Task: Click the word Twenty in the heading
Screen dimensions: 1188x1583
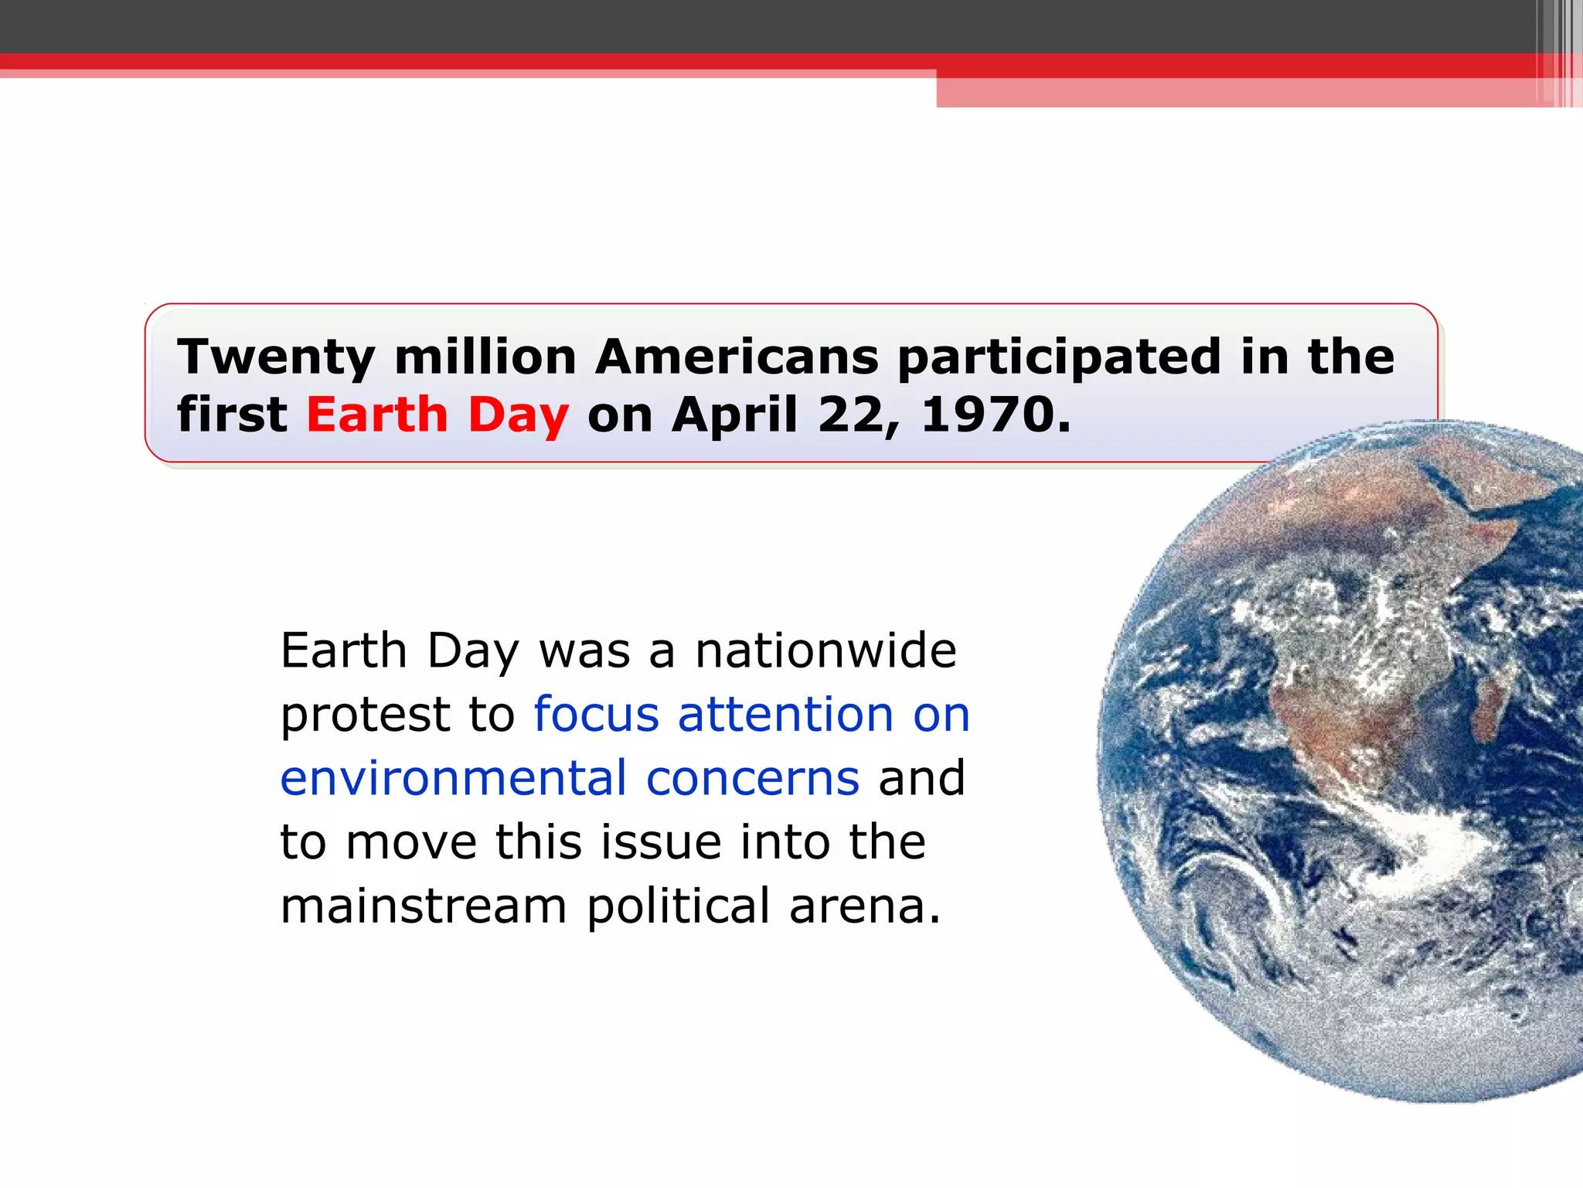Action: [x=276, y=357]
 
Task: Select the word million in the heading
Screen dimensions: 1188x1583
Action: [x=485, y=357]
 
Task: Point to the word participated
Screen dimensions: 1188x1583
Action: [x=1060, y=357]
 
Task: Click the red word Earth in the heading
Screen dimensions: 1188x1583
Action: [x=377, y=415]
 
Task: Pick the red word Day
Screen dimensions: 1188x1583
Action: [x=519, y=415]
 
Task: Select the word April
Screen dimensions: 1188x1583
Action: [x=735, y=415]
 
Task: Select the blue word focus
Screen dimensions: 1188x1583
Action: [x=596, y=715]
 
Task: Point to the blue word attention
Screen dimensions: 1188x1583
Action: [x=785, y=715]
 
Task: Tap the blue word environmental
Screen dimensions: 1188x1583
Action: [x=453, y=778]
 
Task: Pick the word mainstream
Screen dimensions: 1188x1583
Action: [x=424, y=906]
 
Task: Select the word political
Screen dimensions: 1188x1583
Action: [x=678, y=906]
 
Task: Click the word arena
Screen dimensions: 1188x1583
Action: [x=864, y=906]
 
